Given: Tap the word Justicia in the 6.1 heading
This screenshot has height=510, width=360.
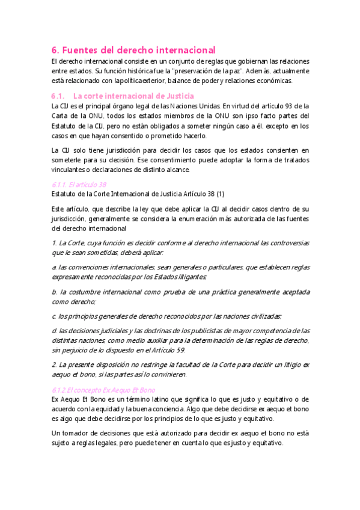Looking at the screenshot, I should coord(178,96).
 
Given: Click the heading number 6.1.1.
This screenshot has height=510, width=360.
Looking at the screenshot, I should coord(59,185).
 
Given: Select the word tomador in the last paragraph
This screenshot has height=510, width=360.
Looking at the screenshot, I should coord(77,432).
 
